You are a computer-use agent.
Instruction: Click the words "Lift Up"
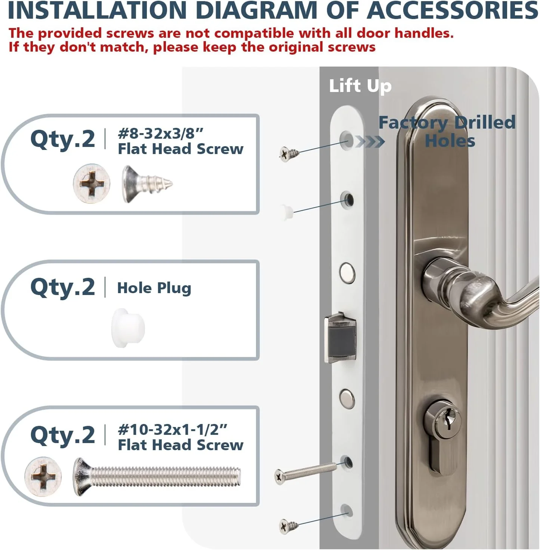[360, 86]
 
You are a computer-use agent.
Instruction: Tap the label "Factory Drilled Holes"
[447, 132]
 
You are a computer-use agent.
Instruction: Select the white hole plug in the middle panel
[128, 328]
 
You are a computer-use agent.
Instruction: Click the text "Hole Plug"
[154, 288]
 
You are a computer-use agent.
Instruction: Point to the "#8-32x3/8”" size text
[160, 133]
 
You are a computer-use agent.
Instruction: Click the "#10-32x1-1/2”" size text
[172, 430]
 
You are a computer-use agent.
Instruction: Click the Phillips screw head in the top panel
[92, 183]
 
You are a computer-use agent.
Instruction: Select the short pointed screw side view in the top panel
[147, 184]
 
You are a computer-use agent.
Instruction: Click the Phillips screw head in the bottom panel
[43, 476]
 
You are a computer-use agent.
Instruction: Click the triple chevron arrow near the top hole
[370, 141]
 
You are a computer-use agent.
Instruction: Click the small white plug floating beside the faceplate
[287, 212]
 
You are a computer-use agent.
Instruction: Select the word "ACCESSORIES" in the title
[452, 10]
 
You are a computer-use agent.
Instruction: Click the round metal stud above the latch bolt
[347, 273]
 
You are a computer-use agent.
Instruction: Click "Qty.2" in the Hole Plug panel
[62, 287]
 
